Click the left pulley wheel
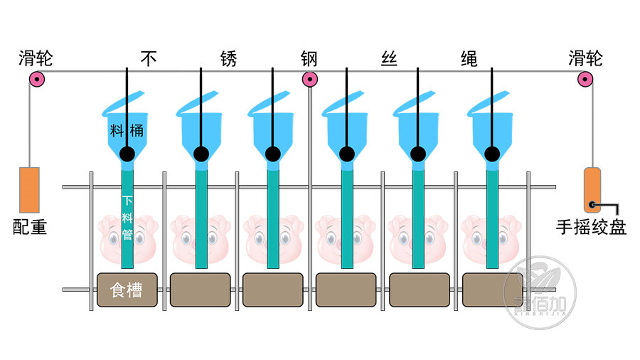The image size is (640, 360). click(x=36, y=78)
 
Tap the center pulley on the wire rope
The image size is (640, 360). click(x=309, y=79)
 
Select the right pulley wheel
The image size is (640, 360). click(x=585, y=79)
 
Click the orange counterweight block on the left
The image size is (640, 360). click(x=29, y=189)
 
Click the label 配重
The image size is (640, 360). click(x=30, y=227)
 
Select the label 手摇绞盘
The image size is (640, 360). click(x=592, y=227)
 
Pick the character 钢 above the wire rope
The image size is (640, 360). click(x=309, y=58)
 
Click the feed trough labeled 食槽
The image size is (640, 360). click(x=127, y=290)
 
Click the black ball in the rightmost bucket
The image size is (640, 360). click(x=491, y=154)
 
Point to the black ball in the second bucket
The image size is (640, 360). click(x=201, y=154)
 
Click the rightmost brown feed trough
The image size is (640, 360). click(x=492, y=290)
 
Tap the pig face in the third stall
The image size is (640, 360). click(x=273, y=238)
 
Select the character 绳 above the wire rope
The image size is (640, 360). click(x=469, y=58)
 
